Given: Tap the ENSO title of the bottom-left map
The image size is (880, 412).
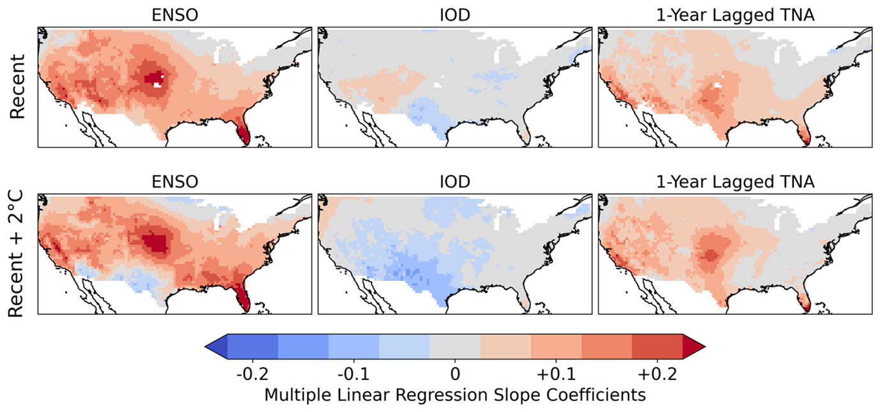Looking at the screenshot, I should pos(174,182).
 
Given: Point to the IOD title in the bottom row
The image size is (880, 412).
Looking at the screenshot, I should pos(454,182).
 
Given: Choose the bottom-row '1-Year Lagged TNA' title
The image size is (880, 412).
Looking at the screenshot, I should pos(735,182).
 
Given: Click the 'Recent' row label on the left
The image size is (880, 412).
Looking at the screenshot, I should pos(17,87).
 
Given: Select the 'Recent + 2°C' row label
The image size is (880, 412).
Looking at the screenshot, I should pos(17,254).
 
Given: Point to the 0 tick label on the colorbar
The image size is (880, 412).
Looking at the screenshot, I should pos(455,372).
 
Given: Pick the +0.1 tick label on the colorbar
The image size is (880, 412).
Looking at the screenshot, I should pos(555,372).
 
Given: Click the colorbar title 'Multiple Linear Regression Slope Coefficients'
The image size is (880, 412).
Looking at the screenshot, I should pos(454,395).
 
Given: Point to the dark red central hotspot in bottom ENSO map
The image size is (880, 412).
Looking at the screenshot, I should pos(155,243).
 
